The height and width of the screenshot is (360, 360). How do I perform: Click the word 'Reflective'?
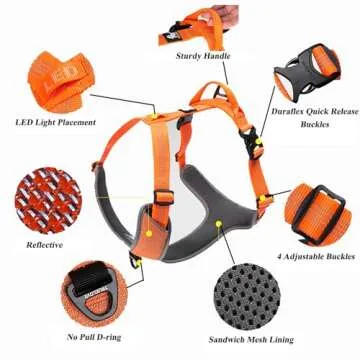[x=45, y=244]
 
